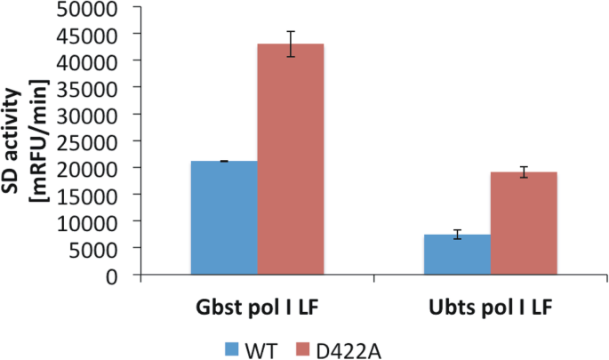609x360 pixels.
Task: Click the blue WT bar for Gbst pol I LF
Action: (x=224, y=218)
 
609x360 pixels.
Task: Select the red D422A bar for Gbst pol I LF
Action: (x=291, y=159)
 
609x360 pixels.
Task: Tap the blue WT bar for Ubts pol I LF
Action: (x=457, y=254)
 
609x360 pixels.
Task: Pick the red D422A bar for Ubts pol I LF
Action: (x=524, y=223)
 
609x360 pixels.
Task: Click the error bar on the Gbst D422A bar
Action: (x=291, y=44)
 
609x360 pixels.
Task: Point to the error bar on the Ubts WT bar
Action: (x=457, y=235)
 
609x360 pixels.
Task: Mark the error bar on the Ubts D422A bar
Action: (x=524, y=172)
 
